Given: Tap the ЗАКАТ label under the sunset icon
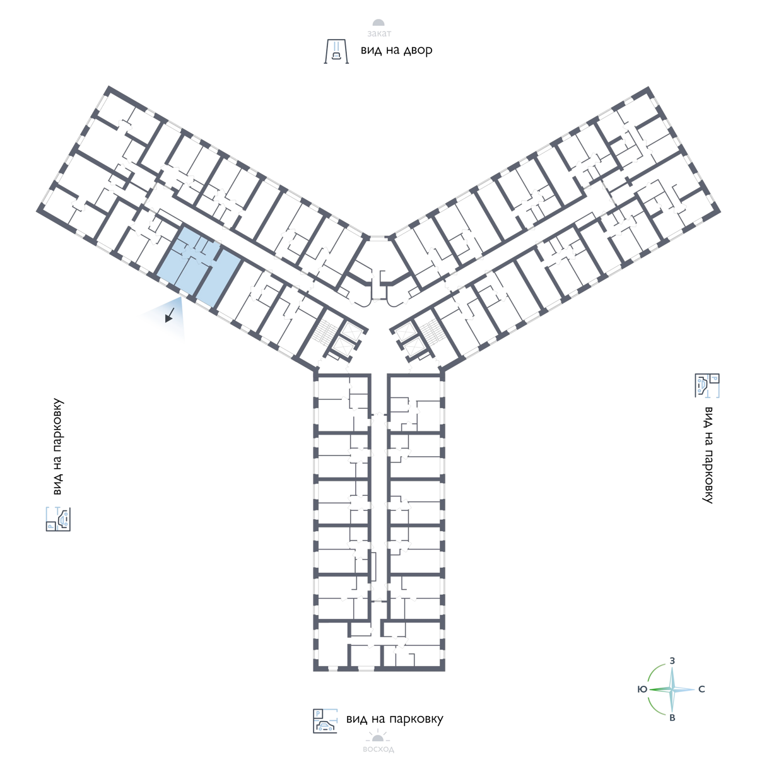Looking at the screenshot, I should point(378,35).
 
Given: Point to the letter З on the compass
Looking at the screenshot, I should point(672,660).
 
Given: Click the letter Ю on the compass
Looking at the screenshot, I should point(642,690).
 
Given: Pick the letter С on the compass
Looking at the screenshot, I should point(701,690).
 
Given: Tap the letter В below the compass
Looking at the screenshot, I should point(672,718).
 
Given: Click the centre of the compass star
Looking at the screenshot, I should point(672,690).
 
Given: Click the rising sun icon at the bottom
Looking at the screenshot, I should point(378,736).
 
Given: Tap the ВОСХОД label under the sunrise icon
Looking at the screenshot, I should point(378,750).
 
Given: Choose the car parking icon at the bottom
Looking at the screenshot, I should point(326,721).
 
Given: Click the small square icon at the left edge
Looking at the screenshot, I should point(58,519).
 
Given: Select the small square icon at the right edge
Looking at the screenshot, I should point(707,385).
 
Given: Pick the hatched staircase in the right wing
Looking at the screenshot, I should point(431,332).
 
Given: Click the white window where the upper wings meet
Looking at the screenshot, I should point(378,238).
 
